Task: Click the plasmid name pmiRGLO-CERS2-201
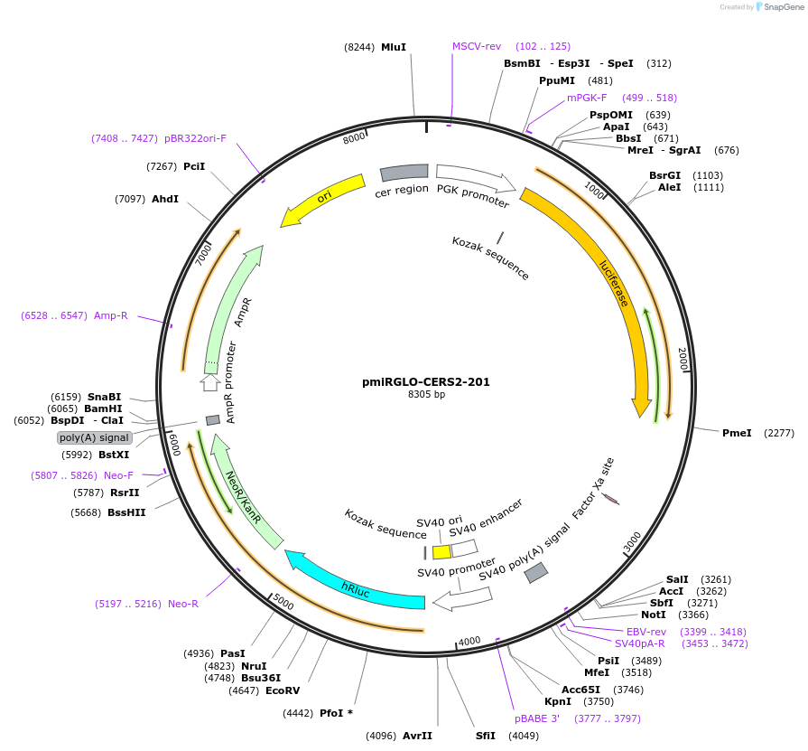[x=426, y=381]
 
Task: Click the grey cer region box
[x=404, y=172]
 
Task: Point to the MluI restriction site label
[x=394, y=47]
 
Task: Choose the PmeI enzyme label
[x=737, y=433]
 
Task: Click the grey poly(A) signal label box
[x=95, y=437]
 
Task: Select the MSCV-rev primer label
[x=477, y=46]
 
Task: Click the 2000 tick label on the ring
[x=683, y=359]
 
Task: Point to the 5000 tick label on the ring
[x=283, y=602]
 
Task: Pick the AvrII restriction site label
[x=417, y=736]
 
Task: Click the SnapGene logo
[x=778, y=7]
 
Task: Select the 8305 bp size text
[x=426, y=395]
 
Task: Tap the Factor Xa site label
[x=593, y=489]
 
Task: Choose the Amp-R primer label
[x=111, y=315]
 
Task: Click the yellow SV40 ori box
[x=441, y=551]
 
